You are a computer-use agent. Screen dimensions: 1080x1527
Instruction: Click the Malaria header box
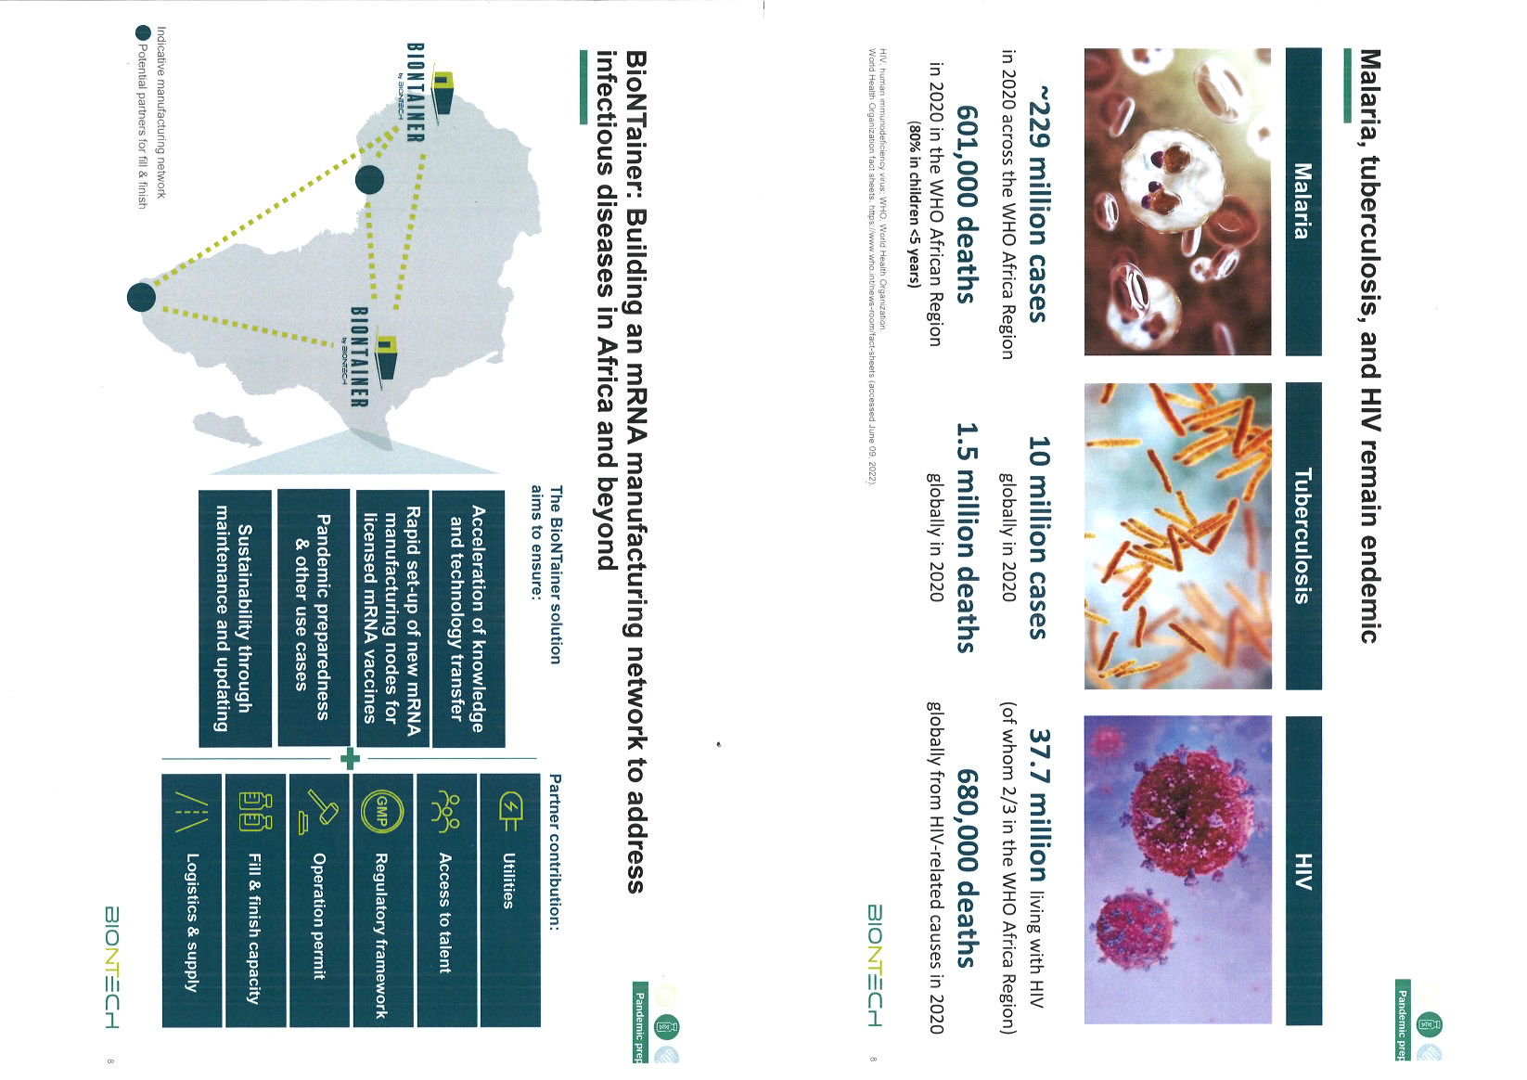tap(1302, 201)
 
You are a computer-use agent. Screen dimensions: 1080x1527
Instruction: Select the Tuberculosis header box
tap(1302, 536)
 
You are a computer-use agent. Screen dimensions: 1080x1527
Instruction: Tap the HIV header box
tap(1302, 870)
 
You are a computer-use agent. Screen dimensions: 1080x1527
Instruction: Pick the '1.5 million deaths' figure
tap(966, 537)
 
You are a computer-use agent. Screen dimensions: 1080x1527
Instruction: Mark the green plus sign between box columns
tap(350, 759)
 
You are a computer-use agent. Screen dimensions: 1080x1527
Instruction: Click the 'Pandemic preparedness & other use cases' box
tap(313, 617)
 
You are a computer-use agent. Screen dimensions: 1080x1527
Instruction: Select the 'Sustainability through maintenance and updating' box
tap(234, 617)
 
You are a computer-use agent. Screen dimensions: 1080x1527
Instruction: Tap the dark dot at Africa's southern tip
tap(141, 297)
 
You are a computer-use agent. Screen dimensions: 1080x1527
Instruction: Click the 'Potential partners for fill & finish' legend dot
tap(142, 33)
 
